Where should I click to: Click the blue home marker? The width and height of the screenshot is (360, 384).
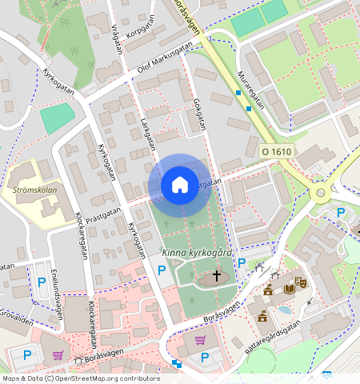(x=180, y=185)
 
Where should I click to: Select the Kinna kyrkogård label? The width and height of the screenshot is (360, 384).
(x=196, y=254)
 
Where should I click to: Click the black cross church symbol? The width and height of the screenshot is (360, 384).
(x=215, y=277)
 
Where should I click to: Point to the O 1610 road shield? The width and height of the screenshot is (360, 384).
(x=277, y=150)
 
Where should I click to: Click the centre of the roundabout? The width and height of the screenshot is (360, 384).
(x=322, y=192)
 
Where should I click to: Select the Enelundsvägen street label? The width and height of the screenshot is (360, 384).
(x=58, y=293)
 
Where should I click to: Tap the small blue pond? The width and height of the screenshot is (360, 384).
(x=284, y=309)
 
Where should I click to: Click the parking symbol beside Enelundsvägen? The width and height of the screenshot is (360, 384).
(x=42, y=282)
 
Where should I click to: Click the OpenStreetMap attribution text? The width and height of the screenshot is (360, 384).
(x=80, y=378)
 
